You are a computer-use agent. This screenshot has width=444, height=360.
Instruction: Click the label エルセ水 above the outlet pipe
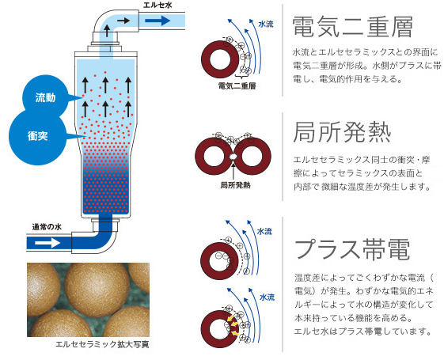coord(157,5)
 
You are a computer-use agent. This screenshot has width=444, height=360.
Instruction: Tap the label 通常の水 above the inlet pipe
coord(47,227)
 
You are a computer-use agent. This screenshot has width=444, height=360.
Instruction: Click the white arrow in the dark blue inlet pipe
coord(47,243)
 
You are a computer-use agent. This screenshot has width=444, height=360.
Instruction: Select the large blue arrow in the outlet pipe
coord(157,21)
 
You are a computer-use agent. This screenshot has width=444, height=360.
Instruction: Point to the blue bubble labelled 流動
coord(45,97)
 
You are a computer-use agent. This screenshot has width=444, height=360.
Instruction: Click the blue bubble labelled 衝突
coord(37,137)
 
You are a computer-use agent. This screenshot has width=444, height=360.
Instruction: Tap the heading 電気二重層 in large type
coord(352,27)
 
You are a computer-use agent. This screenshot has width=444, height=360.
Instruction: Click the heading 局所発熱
coord(342,132)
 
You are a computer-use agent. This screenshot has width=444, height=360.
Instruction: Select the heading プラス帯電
coord(352,249)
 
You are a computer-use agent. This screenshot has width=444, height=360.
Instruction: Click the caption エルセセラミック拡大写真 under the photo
coord(102,344)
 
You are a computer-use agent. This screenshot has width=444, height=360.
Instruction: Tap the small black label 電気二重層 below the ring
coord(237,85)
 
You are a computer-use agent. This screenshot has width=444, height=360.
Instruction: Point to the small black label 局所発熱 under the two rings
coord(235,185)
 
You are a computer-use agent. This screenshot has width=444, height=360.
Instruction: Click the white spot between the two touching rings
coord(233,156)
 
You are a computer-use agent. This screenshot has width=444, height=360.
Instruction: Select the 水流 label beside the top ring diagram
coord(266,25)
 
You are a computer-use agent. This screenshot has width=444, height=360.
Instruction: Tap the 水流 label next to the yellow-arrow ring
coord(267,297)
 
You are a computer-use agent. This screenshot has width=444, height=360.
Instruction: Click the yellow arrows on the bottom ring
coord(233,324)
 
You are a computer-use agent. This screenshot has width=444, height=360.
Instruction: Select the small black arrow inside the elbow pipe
coord(123,21)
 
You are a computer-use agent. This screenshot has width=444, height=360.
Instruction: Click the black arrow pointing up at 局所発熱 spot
coord(233,169)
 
